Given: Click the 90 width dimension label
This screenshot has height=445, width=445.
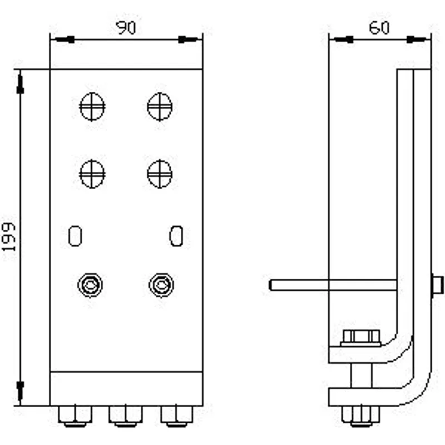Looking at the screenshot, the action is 126,27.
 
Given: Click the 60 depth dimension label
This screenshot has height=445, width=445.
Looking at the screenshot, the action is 379,28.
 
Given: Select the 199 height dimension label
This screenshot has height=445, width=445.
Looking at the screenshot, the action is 9,237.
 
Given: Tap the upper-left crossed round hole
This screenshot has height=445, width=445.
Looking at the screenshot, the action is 92,107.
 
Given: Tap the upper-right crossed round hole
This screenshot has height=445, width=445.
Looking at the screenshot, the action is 160,107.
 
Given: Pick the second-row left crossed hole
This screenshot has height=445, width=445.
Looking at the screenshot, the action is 92,174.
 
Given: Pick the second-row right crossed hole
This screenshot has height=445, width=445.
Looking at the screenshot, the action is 160,174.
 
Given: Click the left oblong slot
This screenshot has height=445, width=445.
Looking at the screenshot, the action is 75,236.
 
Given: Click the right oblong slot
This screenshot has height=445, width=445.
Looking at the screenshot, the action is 176,236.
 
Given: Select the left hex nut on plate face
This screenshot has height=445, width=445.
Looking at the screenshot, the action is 90,285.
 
